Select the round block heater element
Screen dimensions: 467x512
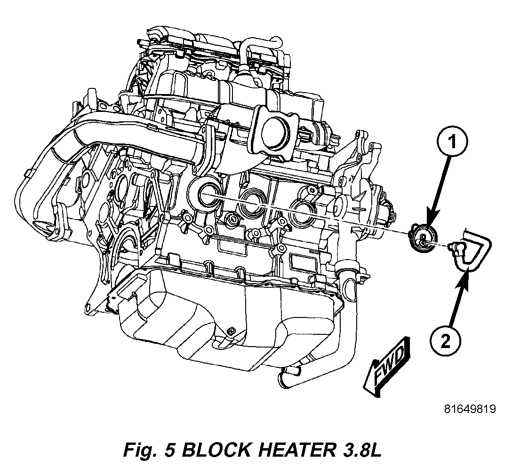point(422,237)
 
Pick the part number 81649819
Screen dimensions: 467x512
point(470,409)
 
